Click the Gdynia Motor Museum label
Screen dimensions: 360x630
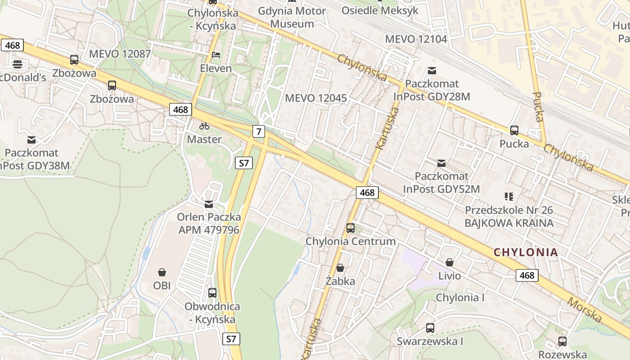pyautogui.click(x=292, y=17)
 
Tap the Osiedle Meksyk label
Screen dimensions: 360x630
pyautogui.click(x=380, y=10)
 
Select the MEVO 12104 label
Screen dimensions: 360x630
pyautogui.click(x=416, y=39)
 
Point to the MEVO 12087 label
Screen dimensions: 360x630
pyautogui.click(x=120, y=54)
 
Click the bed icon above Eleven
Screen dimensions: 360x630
pyautogui.click(x=216, y=55)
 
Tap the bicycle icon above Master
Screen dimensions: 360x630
pyautogui.click(x=204, y=126)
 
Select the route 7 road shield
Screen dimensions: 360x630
pyautogui.click(x=258, y=131)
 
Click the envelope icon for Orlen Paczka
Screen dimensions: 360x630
pyautogui.click(x=209, y=204)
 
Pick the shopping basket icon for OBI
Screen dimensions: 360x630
pyautogui.click(x=162, y=272)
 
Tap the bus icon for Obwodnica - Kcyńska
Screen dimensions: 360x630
pyautogui.click(x=212, y=293)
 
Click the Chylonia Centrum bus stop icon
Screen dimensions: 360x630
pyautogui.click(x=351, y=228)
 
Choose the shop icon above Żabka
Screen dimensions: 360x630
pyautogui.click(x=340, y=268)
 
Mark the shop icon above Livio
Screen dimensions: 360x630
pyautogui.click(x=449, y=262)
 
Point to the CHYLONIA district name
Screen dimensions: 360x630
pyautogui.click(x=526, y=252)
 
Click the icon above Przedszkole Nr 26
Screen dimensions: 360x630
pyautogui.click(x=509, y=197)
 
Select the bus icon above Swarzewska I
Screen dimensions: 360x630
pyautogui.click(x=430, y=328)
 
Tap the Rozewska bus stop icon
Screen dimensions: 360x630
pyautogui.click(x=562, y=342)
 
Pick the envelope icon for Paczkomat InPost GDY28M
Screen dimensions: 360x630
pyautogui.click(x=432, y=71)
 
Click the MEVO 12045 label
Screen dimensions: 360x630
pyautogui.click(x=316, y=98)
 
